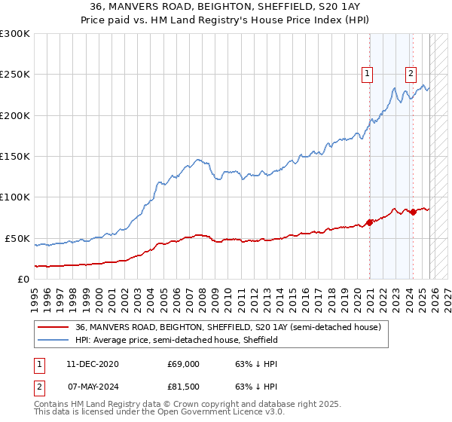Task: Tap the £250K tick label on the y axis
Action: click(15, 75)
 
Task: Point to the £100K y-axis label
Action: click(15, 197)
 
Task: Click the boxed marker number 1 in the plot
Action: click(367, 73)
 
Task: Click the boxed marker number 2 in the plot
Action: click(411, 73)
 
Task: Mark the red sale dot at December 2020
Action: click(370, 222)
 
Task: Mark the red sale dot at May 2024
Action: click(414, 212)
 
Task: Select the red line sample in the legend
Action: click(53, 328)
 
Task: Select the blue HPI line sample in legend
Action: click(53, 340)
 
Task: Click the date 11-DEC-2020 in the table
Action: click(93, 364)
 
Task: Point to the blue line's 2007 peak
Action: click(197, 160)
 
